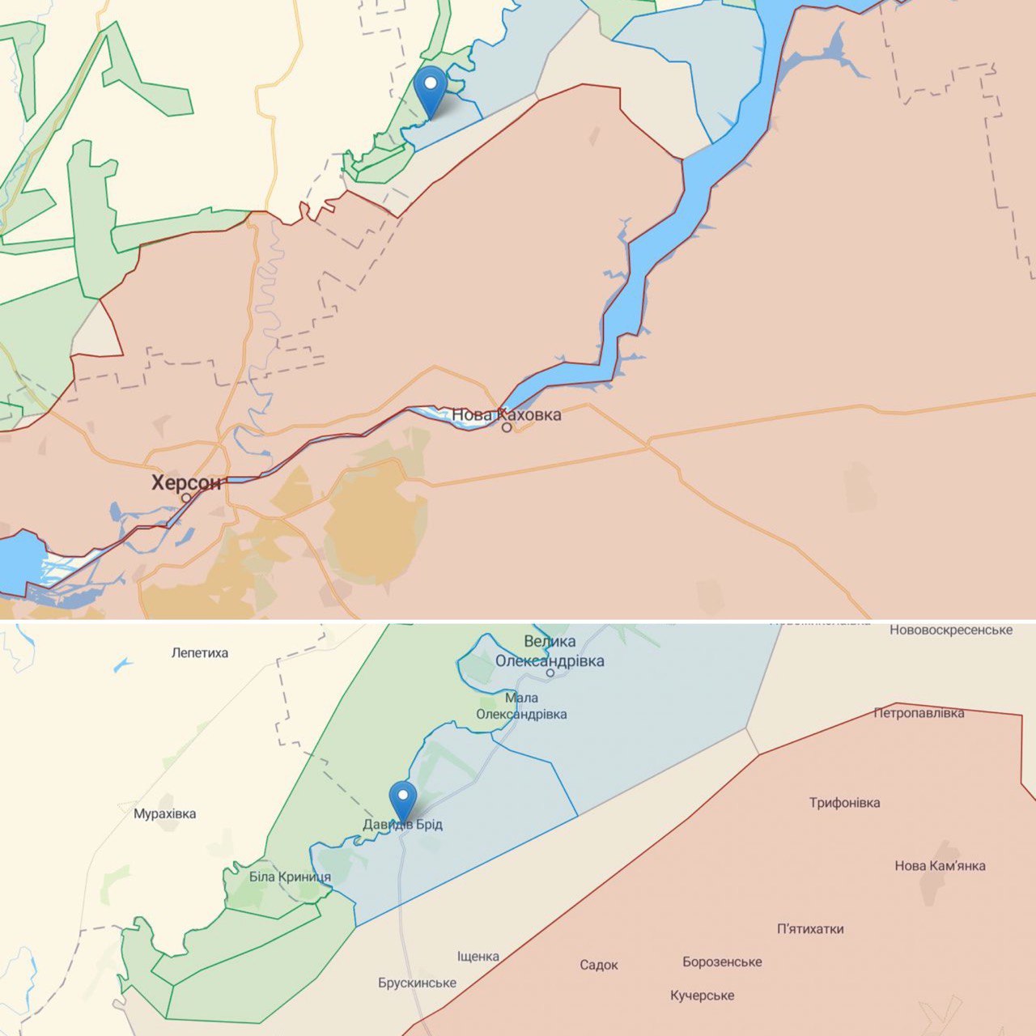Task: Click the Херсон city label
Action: [186, 483]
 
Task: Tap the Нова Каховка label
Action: [506, 415]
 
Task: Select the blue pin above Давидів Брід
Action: [402, 800]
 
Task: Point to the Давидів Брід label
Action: [402, 825]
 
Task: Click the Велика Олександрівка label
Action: [550, 652]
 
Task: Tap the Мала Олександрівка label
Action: [521, 706]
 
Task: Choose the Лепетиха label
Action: [200, 653]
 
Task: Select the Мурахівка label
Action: [165, 814]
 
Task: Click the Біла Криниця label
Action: [290, 877]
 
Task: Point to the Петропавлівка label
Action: [919, 713]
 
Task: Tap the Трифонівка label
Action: [844, 803]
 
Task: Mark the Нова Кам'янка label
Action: [940, 866]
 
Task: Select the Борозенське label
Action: [722, 962]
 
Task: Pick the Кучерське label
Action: [702, 996]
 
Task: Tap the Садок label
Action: [599, 965]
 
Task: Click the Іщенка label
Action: [478, 957]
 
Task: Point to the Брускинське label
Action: [417, 983]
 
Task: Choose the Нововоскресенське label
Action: [951, 630]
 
